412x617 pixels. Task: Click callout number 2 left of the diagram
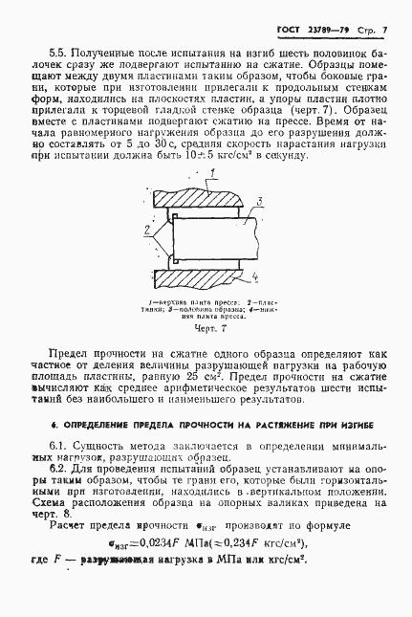point(145,231)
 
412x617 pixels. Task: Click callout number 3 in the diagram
point(258,201)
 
